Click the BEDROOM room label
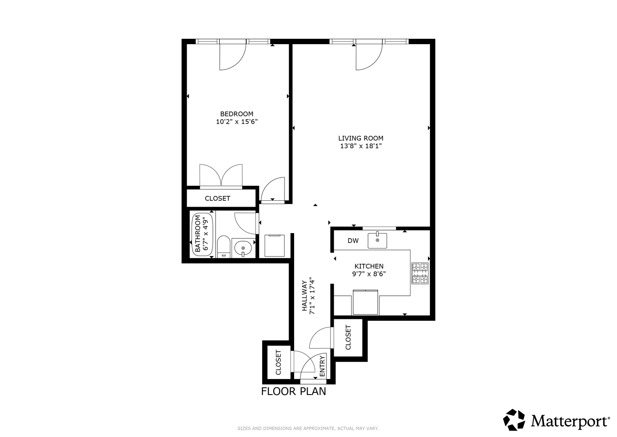pyautogui.click(x=237, y=114)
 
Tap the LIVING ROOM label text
pyautogui.click(x=360, y=138)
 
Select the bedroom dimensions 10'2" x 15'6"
pyautogui.click(x=237, y=122)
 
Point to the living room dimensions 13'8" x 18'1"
pyautogui.click(x=360, y=146)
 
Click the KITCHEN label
pyautogui.click(x=369, y=266)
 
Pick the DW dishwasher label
pyautogui.click(x=353, y=241)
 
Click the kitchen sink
pyautogui.click(x=377, y=240)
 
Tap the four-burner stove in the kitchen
pyautogui.click(x=420, y=273)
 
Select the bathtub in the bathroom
pyautogui.click(x=203, y=235)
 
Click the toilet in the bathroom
pyautogui.click(x=224, y=247)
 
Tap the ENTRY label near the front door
pyautogui.click(x=322, y=366)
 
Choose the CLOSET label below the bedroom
pyautogui.click(x=217, y=198)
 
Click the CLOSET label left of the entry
pyautogui.click(x=278, y=362)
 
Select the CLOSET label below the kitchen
pyautogui.click(x=348, y=337)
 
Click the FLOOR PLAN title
pyautogui.click(x=293, y=392)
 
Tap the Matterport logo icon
pyautogui.click(x=514, y=420)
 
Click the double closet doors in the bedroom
pyautogui.click(x=221, y=176)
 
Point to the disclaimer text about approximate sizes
pyautogui.click(x=308, y=429)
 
